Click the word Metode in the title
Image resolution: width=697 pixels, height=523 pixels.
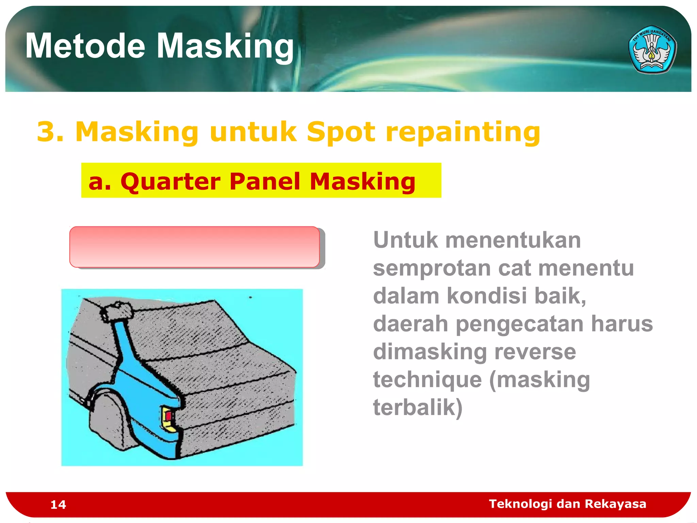85,46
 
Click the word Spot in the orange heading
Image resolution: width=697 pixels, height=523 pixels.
341,132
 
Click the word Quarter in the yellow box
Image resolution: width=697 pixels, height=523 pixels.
170,181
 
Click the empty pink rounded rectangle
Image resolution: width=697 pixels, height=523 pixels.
194,247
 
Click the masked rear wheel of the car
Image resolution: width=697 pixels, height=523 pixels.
109,422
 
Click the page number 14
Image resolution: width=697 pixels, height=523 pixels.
58,505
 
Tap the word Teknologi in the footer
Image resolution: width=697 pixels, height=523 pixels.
520,504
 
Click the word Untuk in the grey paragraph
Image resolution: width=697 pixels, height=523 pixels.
405,240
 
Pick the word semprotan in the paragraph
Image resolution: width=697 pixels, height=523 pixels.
432,268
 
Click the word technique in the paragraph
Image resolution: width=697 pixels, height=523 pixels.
427,380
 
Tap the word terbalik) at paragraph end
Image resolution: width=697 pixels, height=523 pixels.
418,407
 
